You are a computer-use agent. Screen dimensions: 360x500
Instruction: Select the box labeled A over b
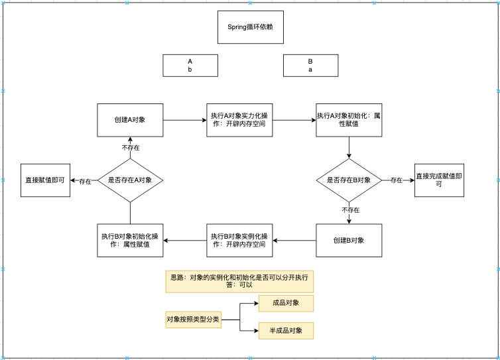coord(190,65)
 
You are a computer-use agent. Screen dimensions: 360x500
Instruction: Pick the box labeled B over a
coord(310,65)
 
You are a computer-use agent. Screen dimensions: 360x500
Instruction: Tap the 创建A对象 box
coord(130,120)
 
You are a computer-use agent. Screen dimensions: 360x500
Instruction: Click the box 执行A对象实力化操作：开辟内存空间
coord(239,120)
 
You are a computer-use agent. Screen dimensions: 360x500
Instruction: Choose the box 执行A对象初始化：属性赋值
coord(349,120)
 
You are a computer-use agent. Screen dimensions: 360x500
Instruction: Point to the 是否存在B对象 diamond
coord(349,180)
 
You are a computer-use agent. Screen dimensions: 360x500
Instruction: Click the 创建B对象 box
coord(349,240)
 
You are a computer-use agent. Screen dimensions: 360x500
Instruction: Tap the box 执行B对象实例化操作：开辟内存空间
coord(239,240)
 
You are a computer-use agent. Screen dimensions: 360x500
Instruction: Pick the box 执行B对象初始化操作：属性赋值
coord(130,240)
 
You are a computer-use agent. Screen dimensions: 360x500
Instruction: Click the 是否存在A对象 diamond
coord(130,180)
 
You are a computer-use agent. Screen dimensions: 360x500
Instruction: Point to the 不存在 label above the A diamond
coord(131,147)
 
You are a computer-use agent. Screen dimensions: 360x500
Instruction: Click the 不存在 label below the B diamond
coord(350,210)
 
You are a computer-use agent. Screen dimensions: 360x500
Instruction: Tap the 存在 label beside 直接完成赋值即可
coord(396,180)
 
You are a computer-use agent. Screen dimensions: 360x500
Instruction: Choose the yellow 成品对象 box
coord(286,304)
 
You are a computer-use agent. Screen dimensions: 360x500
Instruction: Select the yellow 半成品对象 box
coord(286,330)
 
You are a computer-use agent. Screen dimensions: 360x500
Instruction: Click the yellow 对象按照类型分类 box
coord(193,320)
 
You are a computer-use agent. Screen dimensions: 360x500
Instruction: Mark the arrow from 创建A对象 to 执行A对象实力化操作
coord(185,120)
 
